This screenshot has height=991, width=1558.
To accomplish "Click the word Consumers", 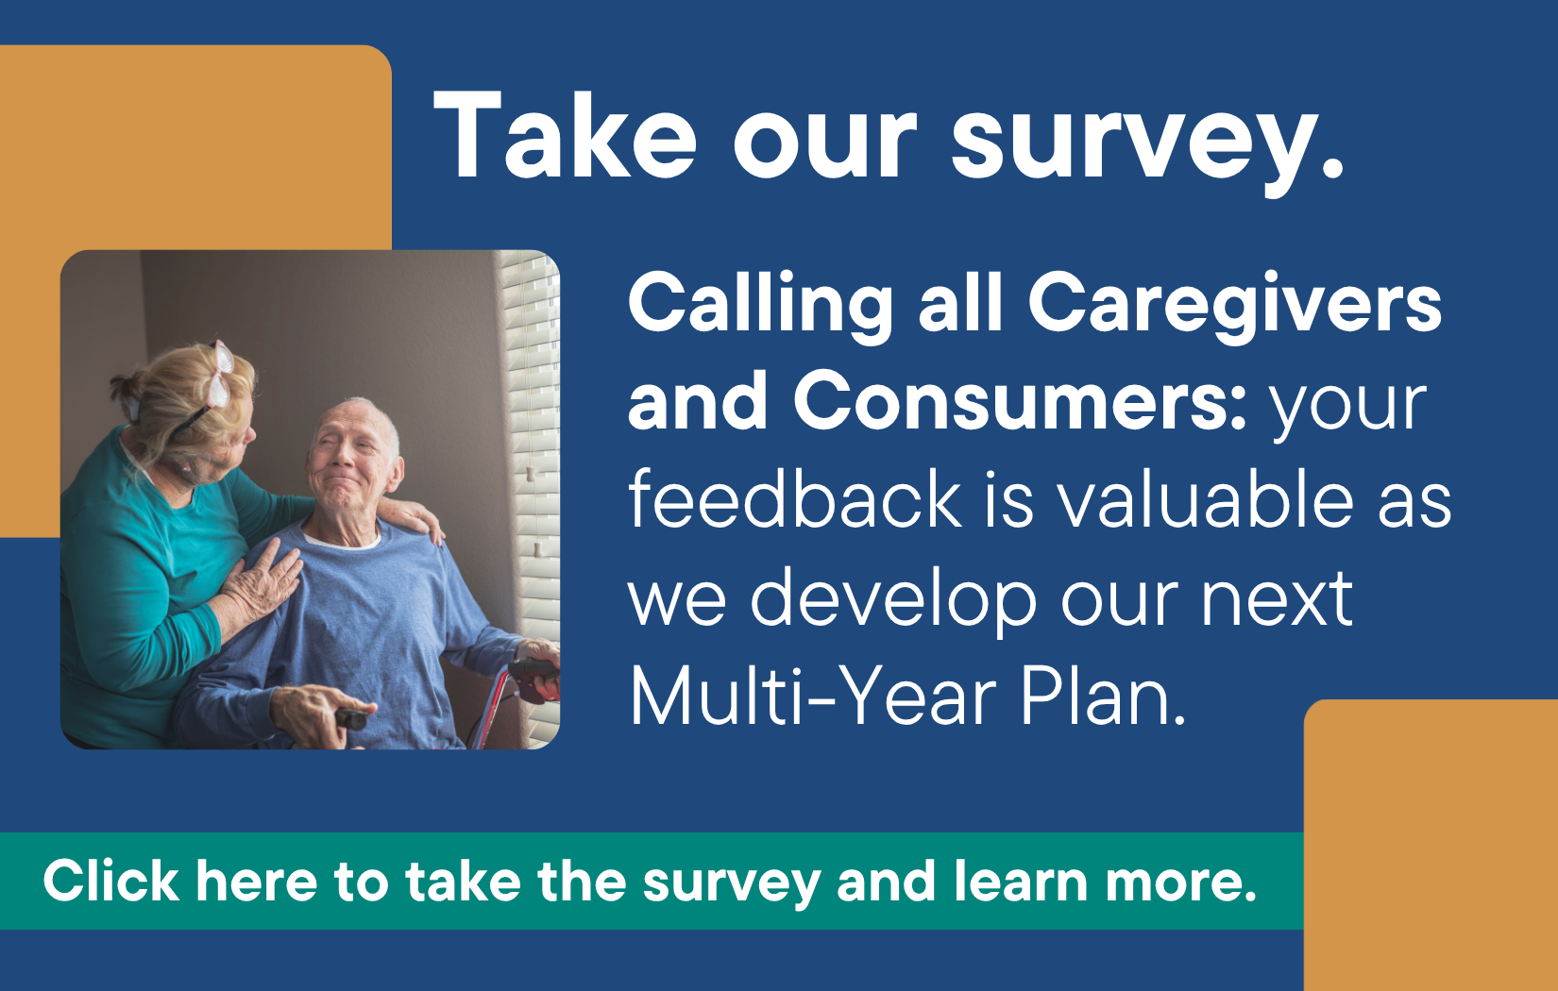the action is pos(1020,401).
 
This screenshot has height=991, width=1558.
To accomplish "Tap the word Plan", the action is pos(1104,696).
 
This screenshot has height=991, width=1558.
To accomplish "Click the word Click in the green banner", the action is pos(110,881).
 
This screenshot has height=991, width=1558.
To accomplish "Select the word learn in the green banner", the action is pos(1021,881).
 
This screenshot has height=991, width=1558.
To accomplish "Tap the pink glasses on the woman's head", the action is pos(221,376).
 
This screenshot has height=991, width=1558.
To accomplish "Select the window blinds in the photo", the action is pos(533,487).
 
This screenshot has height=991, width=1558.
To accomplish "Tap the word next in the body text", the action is pos(1277,599).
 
